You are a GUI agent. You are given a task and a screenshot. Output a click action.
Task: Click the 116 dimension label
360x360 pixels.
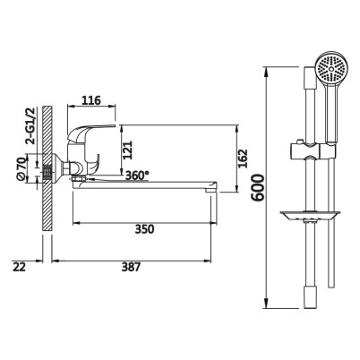[x=91, y=100]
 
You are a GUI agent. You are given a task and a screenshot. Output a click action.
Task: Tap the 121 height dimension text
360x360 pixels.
[x=127, y=150]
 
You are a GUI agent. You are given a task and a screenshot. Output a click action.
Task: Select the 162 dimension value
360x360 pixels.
[x=244, y=159]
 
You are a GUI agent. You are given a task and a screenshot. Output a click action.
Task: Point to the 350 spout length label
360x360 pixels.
[x=144, y=229]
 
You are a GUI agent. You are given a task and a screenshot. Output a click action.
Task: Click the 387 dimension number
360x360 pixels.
[x=131, y=267]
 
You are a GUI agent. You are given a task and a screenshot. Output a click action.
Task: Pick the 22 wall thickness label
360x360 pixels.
[x=20, y=267]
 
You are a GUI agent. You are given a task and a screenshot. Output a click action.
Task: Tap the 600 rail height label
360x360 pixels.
[x=258, y=188]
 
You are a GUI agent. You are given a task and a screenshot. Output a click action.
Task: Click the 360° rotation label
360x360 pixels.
[x=137, y=176]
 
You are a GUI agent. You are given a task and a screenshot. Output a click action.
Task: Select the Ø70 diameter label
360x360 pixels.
[x=21, y=169]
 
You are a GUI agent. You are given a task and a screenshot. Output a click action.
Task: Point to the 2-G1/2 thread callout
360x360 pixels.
[x=30, y=126]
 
